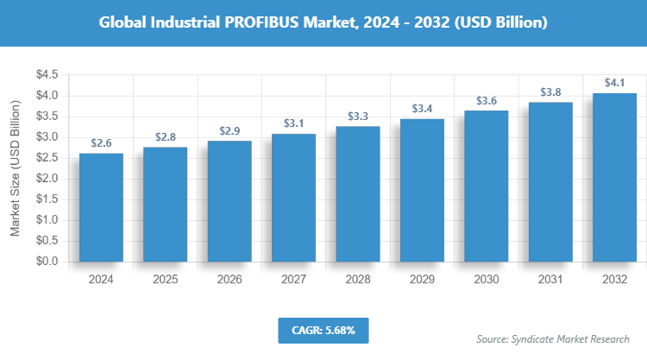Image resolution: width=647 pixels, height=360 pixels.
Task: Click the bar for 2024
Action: pos(101,207)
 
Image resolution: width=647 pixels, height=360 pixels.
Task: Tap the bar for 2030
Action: pos(486,186)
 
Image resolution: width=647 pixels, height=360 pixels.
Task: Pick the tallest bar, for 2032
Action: pos(614,176)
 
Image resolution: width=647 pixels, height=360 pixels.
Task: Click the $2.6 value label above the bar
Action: pos(101,144)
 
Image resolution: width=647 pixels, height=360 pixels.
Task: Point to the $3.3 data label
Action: pos(358,116)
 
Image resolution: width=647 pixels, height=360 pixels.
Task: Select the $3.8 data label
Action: pos(550,92)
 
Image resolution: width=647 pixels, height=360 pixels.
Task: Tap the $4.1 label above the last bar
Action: pos(614,82)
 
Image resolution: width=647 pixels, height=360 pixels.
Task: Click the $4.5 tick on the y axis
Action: pos(47,75)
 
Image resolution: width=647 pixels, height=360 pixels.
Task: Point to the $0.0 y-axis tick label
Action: pos(47,261)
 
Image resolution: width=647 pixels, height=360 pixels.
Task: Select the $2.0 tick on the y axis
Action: pos(47,179)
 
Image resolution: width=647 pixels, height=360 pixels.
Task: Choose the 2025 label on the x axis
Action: pos(165,280)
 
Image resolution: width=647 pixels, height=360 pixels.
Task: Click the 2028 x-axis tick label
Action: pos(358,280)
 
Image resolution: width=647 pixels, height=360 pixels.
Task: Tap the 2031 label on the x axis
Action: pos(550,280)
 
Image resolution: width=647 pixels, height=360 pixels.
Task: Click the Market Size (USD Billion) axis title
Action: pos(15,168)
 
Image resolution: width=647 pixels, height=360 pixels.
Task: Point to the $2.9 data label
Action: pos(229,130)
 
